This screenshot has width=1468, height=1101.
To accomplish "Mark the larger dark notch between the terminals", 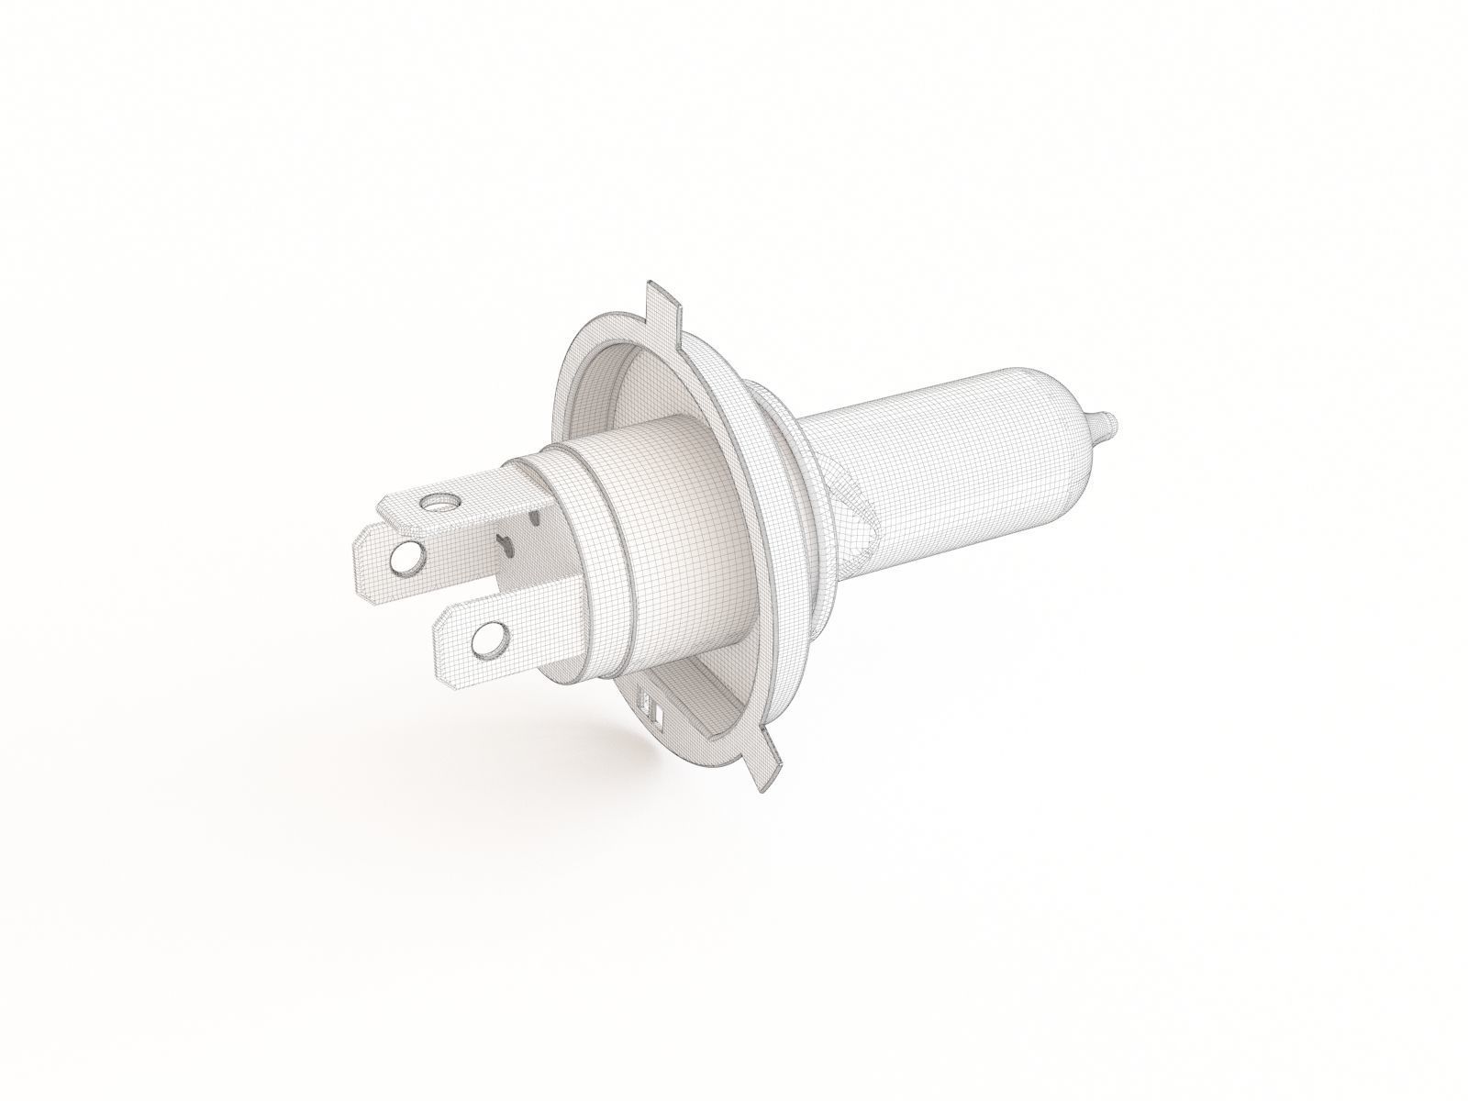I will pyautogui.click(x=502, y=547).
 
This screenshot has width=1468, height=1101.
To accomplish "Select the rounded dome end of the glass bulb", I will pyautogui.click(x=1073, y=404).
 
